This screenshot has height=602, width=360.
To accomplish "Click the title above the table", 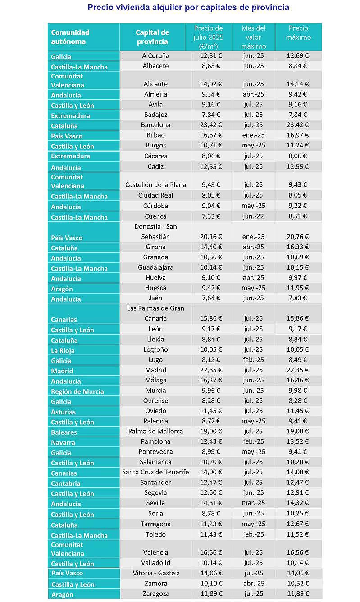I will pos(188,7).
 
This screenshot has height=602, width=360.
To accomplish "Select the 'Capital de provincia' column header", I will pos(152,37).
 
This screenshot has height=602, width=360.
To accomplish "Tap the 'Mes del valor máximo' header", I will pos(253,37).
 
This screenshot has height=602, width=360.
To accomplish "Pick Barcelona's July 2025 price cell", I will pos(210,125).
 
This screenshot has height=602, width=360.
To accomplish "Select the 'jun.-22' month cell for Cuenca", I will pos(253,216).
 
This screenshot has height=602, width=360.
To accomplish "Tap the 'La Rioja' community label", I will pos(63,350).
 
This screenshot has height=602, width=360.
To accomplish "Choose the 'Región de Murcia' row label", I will pos(77,391).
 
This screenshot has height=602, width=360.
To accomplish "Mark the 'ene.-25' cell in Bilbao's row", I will pos(253,135).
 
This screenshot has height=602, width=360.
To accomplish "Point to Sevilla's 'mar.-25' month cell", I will pos(253,503).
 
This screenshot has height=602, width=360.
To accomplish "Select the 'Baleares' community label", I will pos(64,432).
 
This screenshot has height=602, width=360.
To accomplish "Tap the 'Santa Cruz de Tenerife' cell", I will pos(155,472).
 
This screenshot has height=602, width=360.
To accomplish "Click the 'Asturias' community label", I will pos(63,412).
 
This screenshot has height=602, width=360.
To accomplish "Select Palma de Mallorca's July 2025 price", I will pos(210,431).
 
